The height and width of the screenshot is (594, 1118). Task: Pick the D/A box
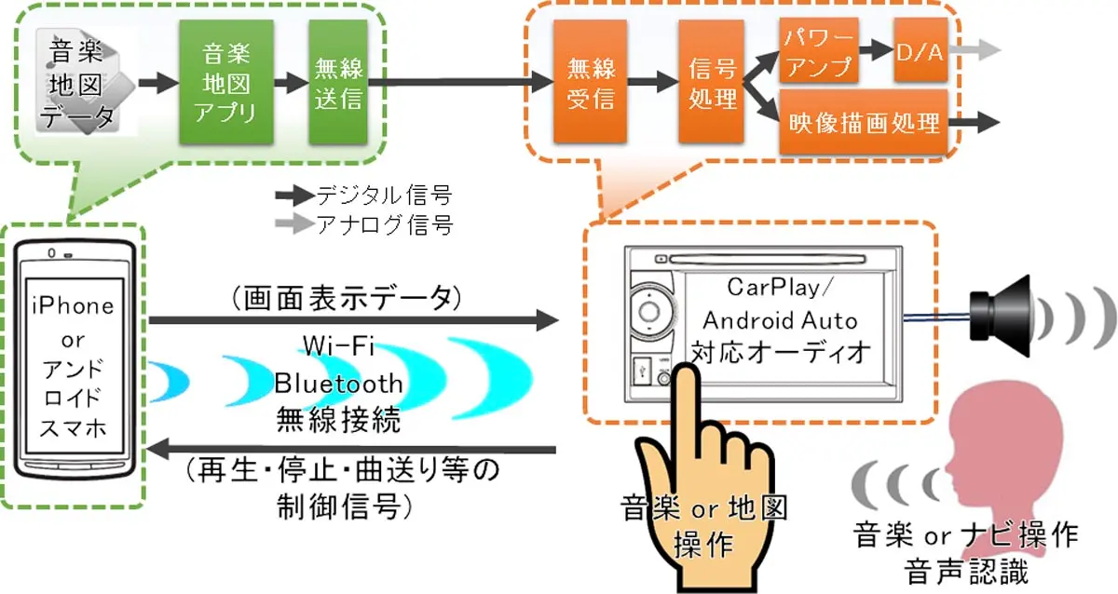coord(919,52)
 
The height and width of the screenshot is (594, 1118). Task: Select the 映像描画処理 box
coord(864,122)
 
